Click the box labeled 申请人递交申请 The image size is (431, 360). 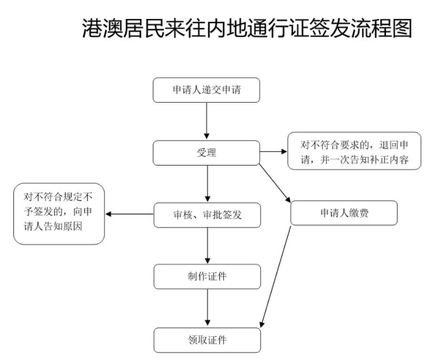pos(206,91)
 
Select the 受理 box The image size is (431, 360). pos(206,153)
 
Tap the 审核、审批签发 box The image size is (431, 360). pos(206,215)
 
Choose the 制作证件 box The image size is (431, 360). pos(206,276)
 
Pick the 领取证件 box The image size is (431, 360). pos(206,340)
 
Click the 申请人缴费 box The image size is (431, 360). pos(344,213)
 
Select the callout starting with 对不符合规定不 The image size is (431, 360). pos(59,215)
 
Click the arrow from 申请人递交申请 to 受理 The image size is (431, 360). pos(206,122)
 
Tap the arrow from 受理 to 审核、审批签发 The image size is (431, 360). pos(206,183)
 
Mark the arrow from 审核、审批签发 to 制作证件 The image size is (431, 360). pos(206,246)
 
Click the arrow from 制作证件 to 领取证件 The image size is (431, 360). pos(206,308)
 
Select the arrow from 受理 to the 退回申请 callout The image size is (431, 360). pos(273,152)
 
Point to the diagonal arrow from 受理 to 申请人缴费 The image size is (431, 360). pos(276,183)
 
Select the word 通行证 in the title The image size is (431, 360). pos(268,28)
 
